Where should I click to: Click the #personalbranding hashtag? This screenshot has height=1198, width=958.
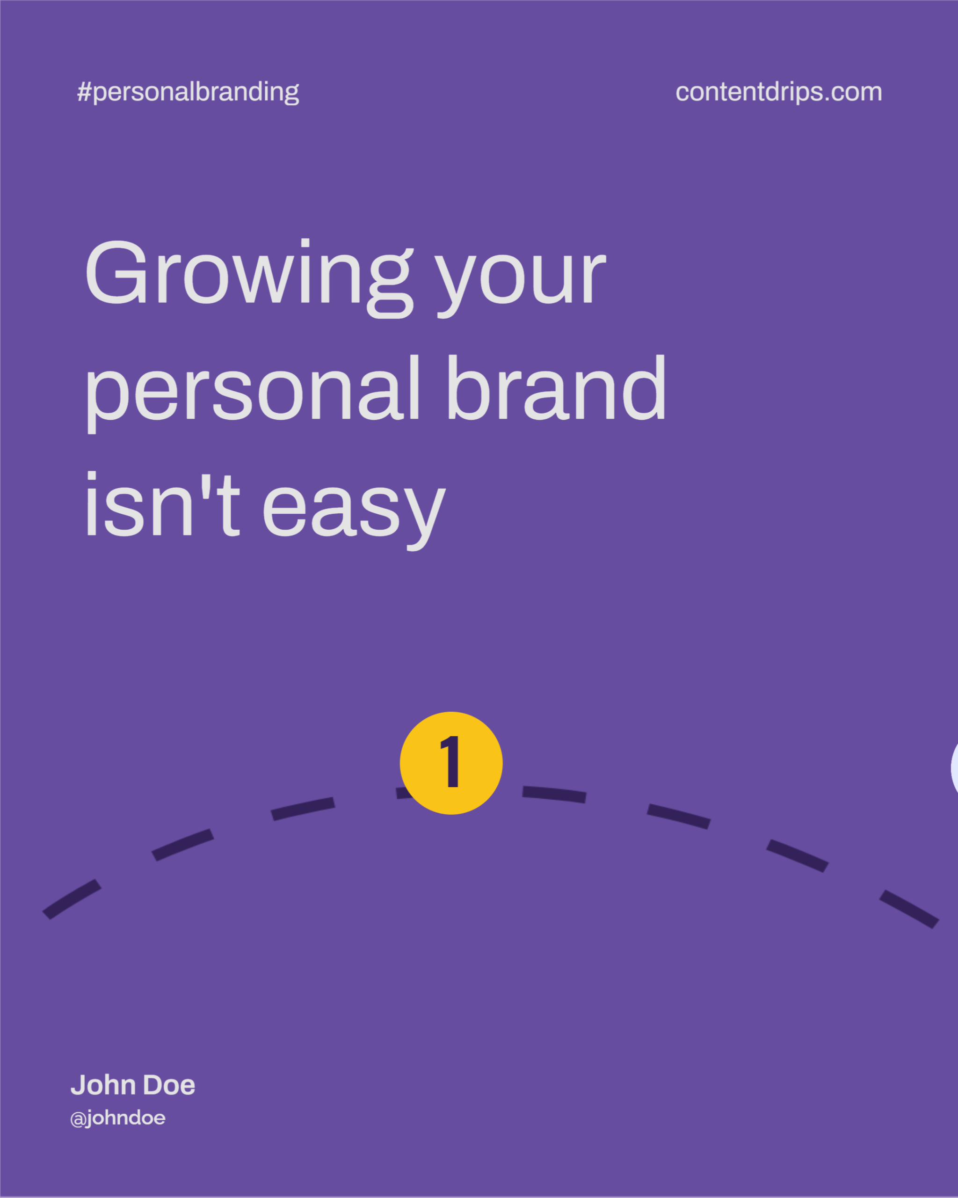pos(188,92)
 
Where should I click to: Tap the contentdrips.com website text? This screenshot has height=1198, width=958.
pos(779,92)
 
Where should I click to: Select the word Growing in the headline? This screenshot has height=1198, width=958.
pos(249,278)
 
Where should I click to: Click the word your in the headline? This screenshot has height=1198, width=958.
pos(520,284)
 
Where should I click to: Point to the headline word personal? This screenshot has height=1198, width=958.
pos(252,394)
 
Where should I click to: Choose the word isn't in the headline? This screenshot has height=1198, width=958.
pos(163,504)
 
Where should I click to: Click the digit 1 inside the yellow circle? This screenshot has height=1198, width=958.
pos(450,761)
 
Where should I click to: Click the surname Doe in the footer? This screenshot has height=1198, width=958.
pos(169,1085)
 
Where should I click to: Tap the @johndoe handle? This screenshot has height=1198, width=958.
pos(118,1118)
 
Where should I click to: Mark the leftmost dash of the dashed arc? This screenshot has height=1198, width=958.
pos(72,899)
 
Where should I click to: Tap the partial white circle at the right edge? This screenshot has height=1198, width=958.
pos(954,768)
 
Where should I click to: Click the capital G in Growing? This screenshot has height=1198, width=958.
pos(116,272)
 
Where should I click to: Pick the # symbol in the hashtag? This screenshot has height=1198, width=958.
pos(84,92)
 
